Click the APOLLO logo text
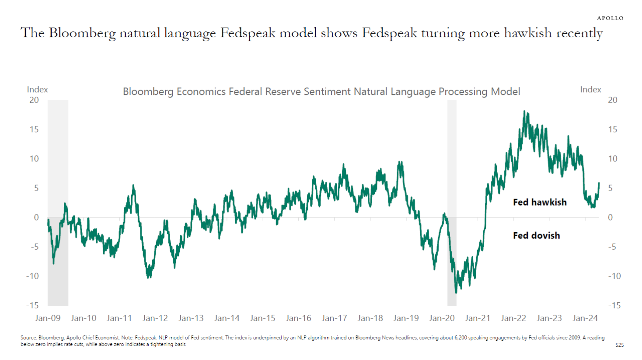(610, 18)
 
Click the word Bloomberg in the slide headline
(82, 33)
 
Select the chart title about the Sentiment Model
(321, 91)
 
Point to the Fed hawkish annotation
(540, 202)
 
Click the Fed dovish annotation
(536, 235)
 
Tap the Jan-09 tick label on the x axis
(48, 318)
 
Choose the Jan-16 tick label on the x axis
(298, 318)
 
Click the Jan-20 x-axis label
(442, 318)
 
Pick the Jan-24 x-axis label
(585, 318)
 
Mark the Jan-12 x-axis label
(155, 318)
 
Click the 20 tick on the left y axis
(34, 100)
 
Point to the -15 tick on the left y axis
(32, 305)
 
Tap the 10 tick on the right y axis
(613, 159)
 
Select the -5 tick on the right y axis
(612, 247)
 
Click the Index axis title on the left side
(37, 89)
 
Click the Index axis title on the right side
(590, 89)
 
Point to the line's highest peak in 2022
(525, 112)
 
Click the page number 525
(619, 345)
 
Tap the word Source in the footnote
(28, 338)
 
